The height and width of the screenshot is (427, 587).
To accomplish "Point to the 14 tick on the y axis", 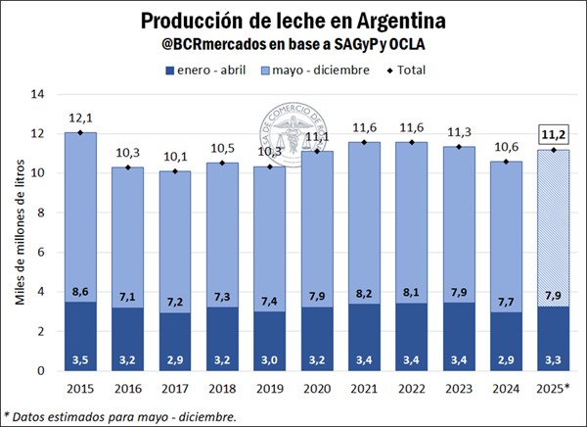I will pyautogui.click(x=39, y=94).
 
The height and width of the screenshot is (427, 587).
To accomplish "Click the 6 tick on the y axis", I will pyautogui.click(x=42, y=252).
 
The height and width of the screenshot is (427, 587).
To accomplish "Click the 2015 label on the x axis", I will pyautogui.click(x=81, y=387).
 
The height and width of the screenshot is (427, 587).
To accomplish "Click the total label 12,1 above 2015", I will pyautogui.click(x=81, y=117).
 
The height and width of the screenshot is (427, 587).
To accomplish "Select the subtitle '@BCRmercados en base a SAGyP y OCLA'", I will pyautogui.click(x=293, y=45).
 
